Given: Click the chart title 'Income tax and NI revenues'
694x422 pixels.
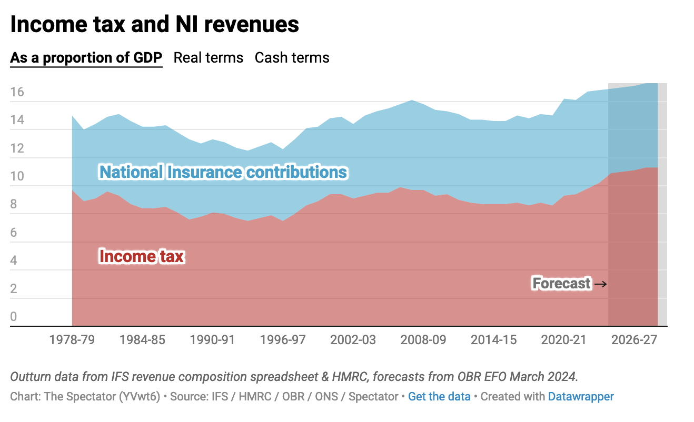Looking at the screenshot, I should pos(154,25).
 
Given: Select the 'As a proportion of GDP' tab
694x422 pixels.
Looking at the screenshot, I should pos(86,57).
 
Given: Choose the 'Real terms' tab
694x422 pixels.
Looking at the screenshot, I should pos(209,57).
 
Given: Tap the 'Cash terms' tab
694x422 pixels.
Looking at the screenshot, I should pos(292,57).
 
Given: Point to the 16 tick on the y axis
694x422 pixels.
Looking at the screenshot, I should pos(17,92).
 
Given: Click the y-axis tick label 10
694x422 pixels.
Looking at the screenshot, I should pos(17,176).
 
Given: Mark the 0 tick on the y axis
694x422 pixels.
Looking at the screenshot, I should pos(14,317).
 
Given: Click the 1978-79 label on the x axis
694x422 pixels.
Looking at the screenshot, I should pos(72,339).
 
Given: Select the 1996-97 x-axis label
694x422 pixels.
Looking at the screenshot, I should pos(283,339).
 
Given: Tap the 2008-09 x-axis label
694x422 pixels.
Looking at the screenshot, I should pos(423,339).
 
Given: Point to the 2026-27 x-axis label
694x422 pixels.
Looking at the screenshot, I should pos(634,339).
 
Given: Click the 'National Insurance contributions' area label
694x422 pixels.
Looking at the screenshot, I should pos(223,172).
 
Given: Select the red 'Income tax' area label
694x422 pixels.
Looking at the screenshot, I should pos(142,256).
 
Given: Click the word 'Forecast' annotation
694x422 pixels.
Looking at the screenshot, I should pos(561,283).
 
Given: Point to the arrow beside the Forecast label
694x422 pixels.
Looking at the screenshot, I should pos(600,284).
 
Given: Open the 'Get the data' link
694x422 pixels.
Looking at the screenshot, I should pos(439,396).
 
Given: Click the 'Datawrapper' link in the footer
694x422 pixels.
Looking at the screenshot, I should pos(581,396).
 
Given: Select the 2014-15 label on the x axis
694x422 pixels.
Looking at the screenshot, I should pos(493,339).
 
